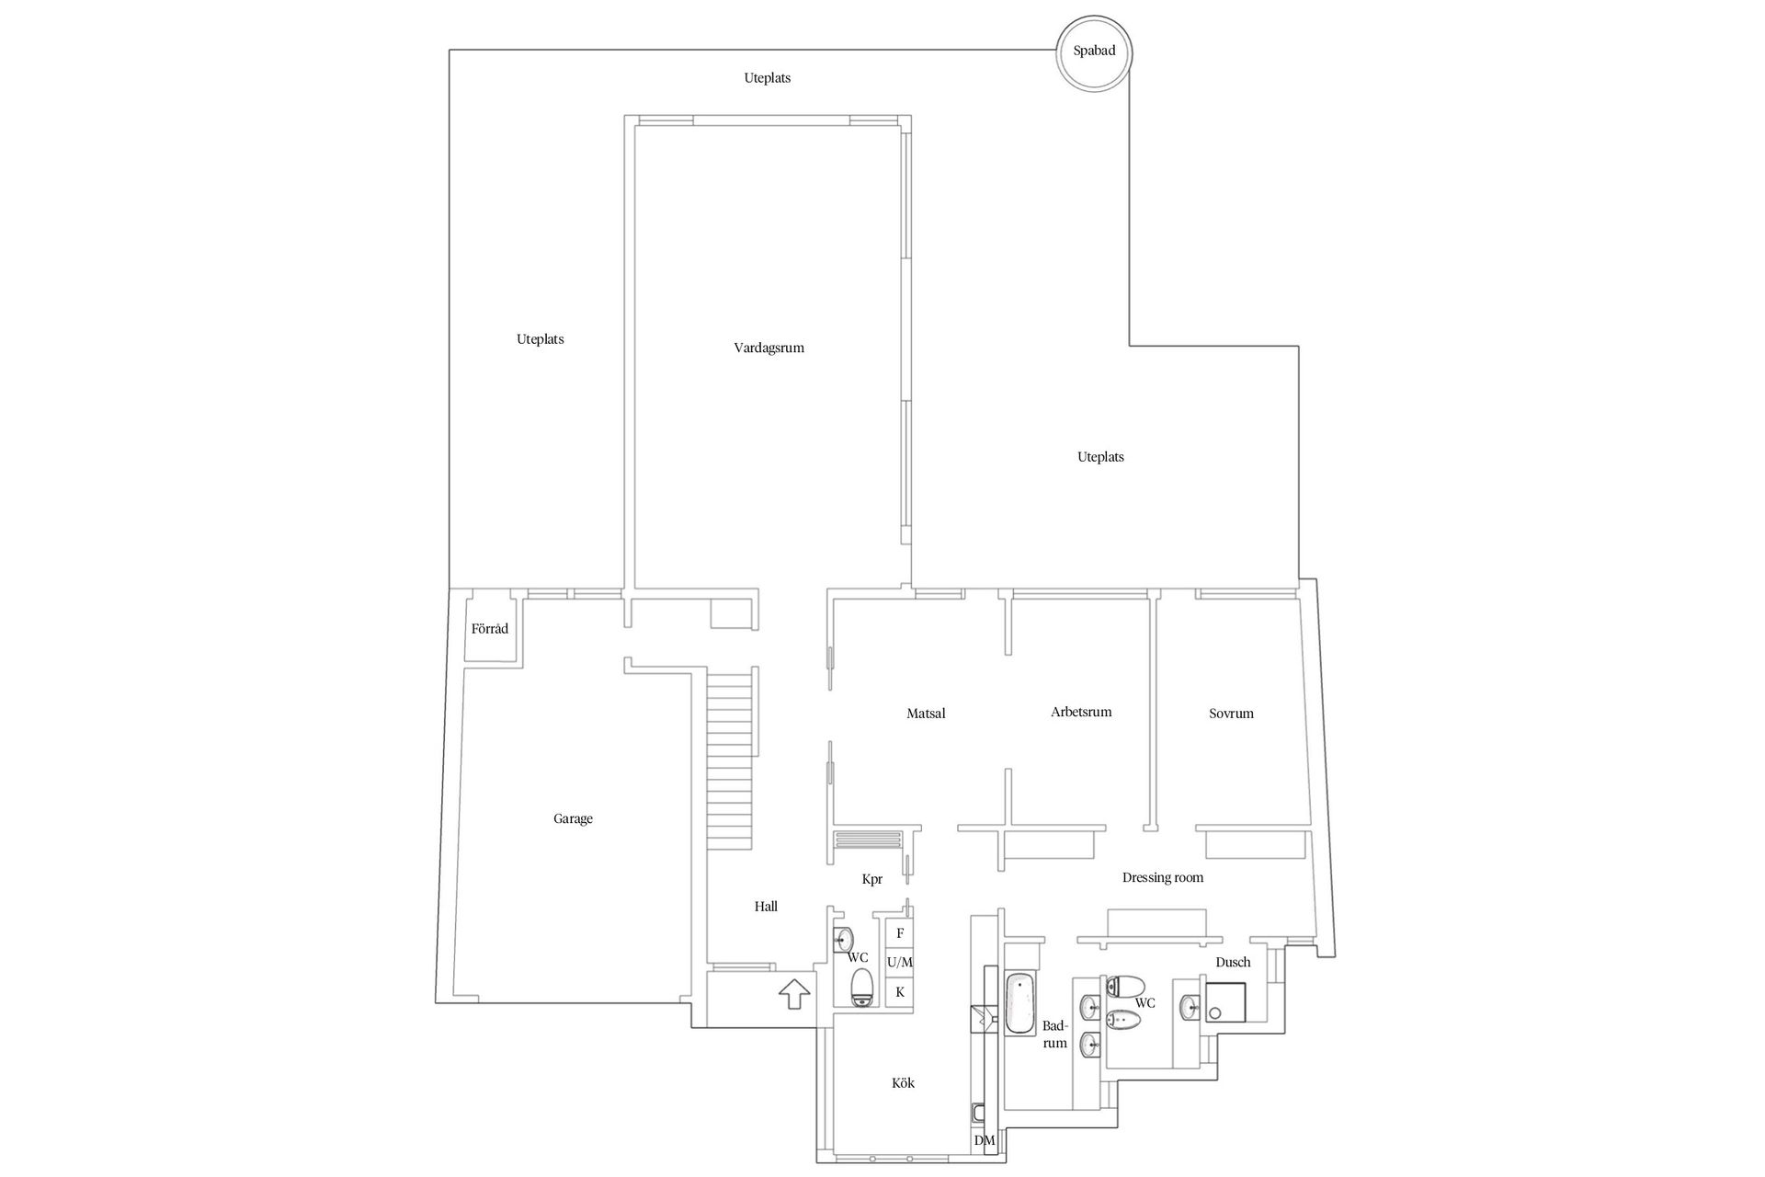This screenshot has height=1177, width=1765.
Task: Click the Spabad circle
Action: (1093, 51)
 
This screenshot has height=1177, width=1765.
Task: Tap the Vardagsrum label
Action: (769, 348)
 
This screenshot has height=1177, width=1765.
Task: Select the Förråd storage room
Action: (489, 629)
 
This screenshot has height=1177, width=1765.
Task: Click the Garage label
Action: (573, 818)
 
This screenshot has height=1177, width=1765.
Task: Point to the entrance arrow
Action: (793, 994)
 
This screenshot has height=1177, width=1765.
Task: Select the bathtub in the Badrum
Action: (1020, 1003)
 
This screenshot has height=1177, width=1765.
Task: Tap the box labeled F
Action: (900, 933)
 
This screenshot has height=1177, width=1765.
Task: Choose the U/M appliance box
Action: (900, 963)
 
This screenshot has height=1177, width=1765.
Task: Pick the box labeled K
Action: (900, 992)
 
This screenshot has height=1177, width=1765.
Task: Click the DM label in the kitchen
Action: (984, 1140)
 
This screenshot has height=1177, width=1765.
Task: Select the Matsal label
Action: (925, 713)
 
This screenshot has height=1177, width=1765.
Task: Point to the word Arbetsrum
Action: (1081, 712)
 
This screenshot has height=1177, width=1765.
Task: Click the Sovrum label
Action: (1231, 713)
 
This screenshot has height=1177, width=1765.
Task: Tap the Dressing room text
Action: (1162, 877)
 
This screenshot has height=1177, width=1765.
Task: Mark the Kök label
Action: (903, 1082)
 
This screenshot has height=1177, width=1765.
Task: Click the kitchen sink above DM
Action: (978, 1114)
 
